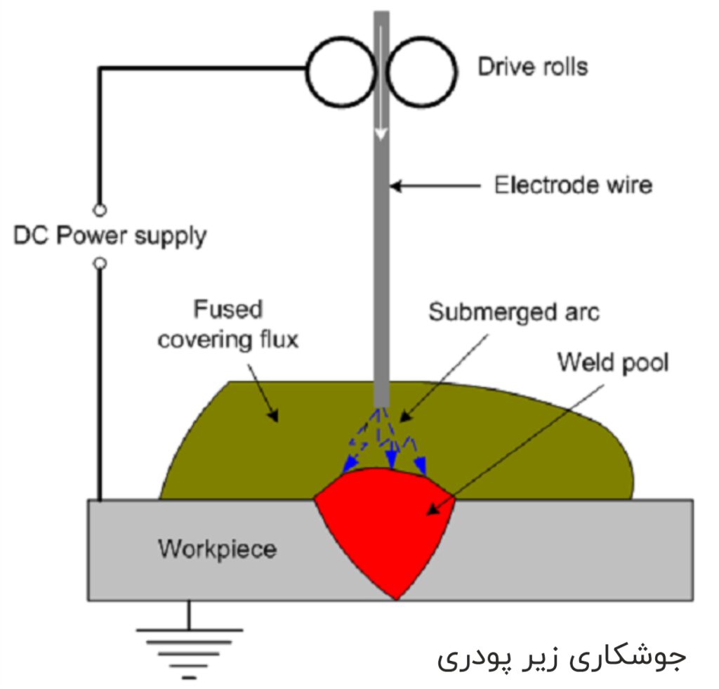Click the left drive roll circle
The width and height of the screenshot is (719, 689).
point(308,72)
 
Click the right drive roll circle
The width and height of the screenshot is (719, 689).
point(456,72)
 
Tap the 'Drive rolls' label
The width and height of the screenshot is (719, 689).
point(533,67)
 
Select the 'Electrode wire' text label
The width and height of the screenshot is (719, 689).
point(573,185)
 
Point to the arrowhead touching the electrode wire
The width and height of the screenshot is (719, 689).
point(396,186)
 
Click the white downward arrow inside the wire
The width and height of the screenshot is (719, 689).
point(381,83)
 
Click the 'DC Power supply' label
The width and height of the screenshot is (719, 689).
point(110,237)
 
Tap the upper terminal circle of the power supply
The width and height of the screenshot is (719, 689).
point(100,210)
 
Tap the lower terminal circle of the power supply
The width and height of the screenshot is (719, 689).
point(100,264)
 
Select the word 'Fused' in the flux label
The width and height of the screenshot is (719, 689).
point(228,309)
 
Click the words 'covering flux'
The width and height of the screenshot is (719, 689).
point(228,340)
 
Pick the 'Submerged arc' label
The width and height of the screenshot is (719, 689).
point(514,313)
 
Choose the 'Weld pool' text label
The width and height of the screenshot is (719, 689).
point(613,362)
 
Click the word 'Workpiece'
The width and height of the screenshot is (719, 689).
point(218,549)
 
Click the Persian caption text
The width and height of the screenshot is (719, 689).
point(562,657)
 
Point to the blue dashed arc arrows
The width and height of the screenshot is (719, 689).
point(385,440)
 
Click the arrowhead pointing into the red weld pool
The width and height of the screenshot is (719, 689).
point(433,508)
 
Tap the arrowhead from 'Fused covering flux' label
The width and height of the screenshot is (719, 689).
point(273,415)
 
